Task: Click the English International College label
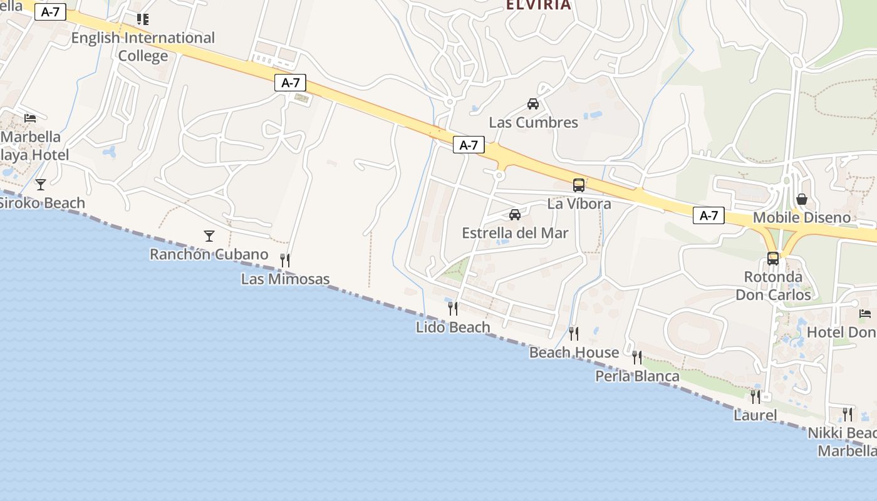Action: coord(143,47)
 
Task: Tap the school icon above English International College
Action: coord(143,19)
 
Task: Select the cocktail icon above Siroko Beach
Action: coord(41,184)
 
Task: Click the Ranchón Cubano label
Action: coord(209,255)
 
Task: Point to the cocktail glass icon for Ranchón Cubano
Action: coord(209,236)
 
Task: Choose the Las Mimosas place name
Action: coord(285,279)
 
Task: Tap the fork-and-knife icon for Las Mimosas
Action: coord(285,260)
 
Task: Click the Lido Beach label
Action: coord(453,327)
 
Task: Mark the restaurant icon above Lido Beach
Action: coord(453,308)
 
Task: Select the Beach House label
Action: coord(574,353)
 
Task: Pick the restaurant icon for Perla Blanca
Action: coord(637,358)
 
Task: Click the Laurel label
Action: coord(755,415)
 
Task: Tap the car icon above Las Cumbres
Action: coord(533,104)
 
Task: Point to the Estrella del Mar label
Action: coord(515,233)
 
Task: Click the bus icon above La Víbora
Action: coord(579,185)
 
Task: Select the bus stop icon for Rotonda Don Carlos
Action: coord(773,258)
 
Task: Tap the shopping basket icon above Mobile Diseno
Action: coord(802,199)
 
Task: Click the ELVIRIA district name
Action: coord(538,6)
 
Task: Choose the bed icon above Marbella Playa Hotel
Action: coord(30,118)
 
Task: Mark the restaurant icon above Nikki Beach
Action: coord(848,414)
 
